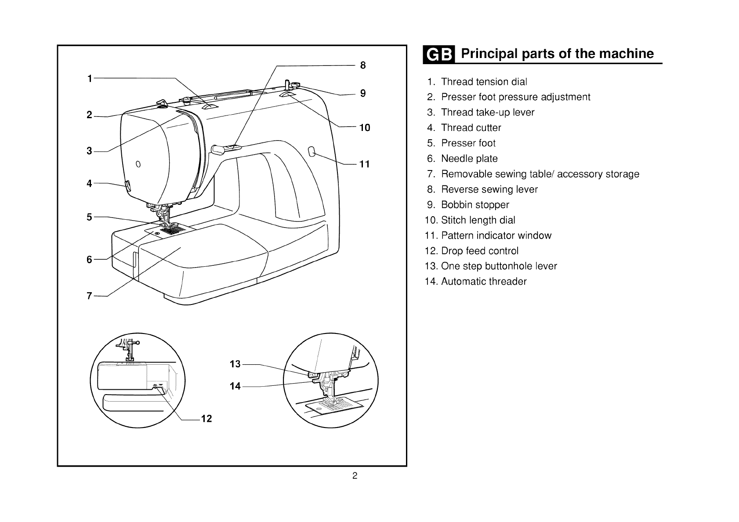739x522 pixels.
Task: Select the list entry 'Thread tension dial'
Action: [x=484, y=82]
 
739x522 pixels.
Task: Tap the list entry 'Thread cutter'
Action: [x=471, y=128]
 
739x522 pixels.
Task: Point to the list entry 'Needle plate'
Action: [x=469, y=159]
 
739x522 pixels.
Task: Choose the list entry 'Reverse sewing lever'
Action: [x=489, y=189]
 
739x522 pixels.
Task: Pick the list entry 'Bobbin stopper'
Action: [x=475, y=205]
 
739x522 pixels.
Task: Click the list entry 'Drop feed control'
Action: [x=479, y=251]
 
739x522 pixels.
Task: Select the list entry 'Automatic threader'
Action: [x=483, y=282]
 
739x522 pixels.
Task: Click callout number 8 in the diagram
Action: [x=363, y=65]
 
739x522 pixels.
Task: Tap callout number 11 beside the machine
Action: [x=365, y=164]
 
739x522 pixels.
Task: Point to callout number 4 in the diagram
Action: [x=89, y=183]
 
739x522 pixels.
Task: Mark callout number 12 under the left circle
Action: [x=206, y=419]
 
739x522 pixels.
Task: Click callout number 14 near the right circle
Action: [x=235, y=386]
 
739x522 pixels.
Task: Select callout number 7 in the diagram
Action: [x=89, y=296]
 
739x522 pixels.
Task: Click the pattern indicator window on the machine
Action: [x=312, y=152]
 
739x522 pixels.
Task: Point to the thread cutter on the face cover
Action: [x=128, y=186]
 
